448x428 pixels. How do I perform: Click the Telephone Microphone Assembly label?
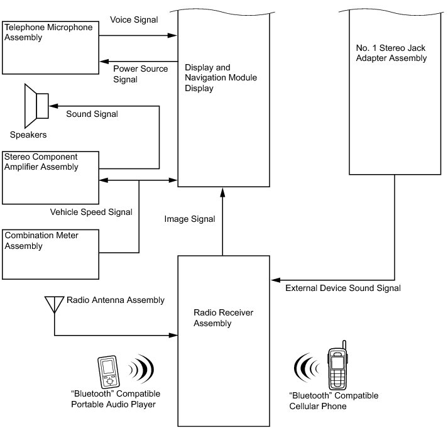tap(48, 32)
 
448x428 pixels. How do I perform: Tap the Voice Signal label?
tap(134, 19)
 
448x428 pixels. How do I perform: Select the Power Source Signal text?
tap(140, 74)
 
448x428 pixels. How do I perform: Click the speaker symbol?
tap(36, 106)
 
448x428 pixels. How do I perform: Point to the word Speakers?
tap(28, 134)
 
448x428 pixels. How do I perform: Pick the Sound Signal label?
tap(92, 114)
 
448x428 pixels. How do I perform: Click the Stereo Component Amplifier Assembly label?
tap(41, 162)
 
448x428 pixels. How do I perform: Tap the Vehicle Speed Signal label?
tap(91, 212)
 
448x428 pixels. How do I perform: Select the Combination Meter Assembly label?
tap(41, 241)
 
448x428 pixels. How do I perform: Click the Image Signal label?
tap(190, 219)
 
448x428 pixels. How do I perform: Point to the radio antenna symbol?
tap(54, 305)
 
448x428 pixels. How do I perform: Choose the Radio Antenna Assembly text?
tap(116, 300)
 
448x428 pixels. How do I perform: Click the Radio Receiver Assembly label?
tap(224, 318)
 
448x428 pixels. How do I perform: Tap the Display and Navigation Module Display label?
tap(221, 78)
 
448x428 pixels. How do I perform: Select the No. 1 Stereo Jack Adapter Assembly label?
tap(391, 53)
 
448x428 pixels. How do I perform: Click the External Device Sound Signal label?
tap(343, 288)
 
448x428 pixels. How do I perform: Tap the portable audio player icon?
tap(108, 371)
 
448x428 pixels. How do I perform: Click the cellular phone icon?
tap(337, 365)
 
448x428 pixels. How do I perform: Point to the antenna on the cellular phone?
tap(344, 345)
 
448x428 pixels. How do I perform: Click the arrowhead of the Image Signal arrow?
tap(222, 192)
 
